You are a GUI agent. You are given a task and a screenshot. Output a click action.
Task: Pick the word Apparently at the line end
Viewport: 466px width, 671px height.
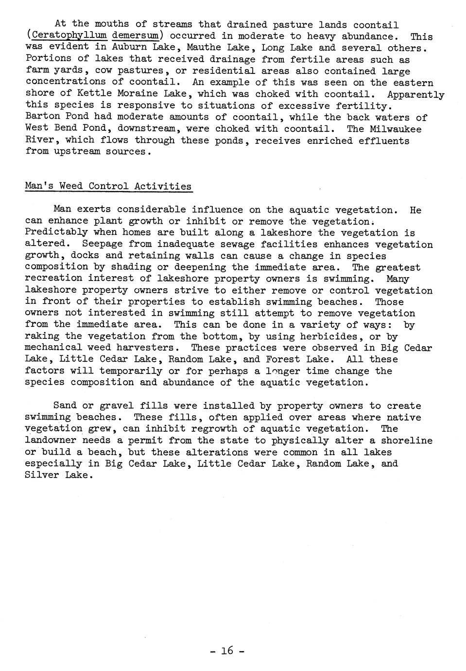click(416, 94)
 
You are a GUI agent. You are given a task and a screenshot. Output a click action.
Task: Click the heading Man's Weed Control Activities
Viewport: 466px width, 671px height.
click(108, 186)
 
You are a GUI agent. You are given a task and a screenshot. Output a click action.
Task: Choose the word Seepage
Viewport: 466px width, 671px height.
click(103, 244)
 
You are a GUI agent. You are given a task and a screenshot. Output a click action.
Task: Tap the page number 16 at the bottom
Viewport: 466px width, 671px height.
click(227, 650)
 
